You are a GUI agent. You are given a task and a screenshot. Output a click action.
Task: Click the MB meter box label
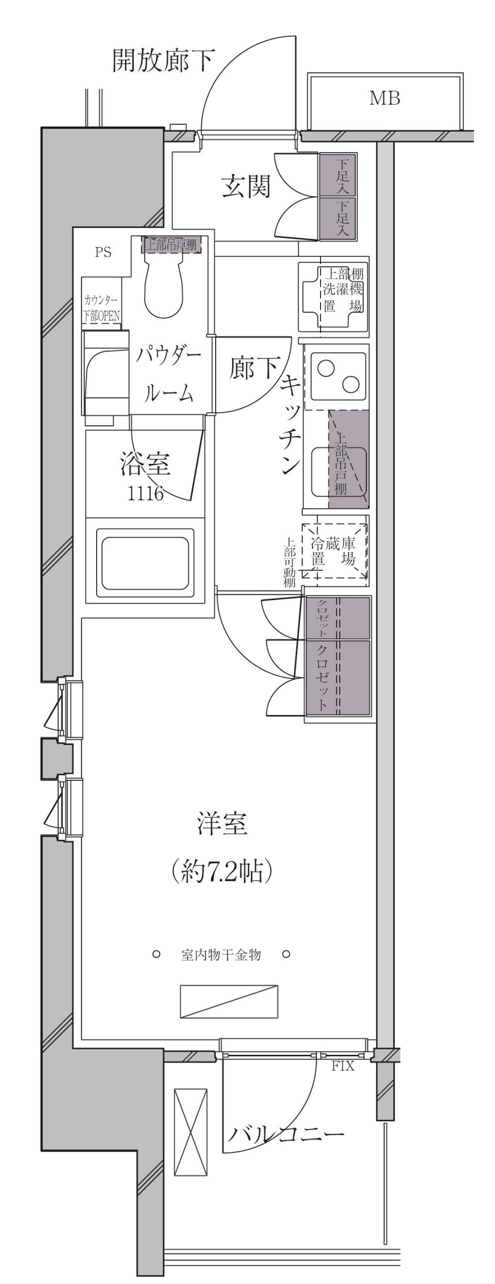(x=385, y=98)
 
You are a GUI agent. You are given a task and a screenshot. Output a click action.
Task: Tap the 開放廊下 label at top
(x=163, y=60)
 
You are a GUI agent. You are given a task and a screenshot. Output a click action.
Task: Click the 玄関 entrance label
(x=246, y=187)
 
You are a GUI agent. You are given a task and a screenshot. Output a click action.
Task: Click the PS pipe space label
(x=103, y=252)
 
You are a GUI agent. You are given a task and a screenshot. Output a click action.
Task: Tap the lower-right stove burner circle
(x=351, y=385)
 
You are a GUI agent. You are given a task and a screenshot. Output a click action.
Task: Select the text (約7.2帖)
(x=222, y=873)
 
